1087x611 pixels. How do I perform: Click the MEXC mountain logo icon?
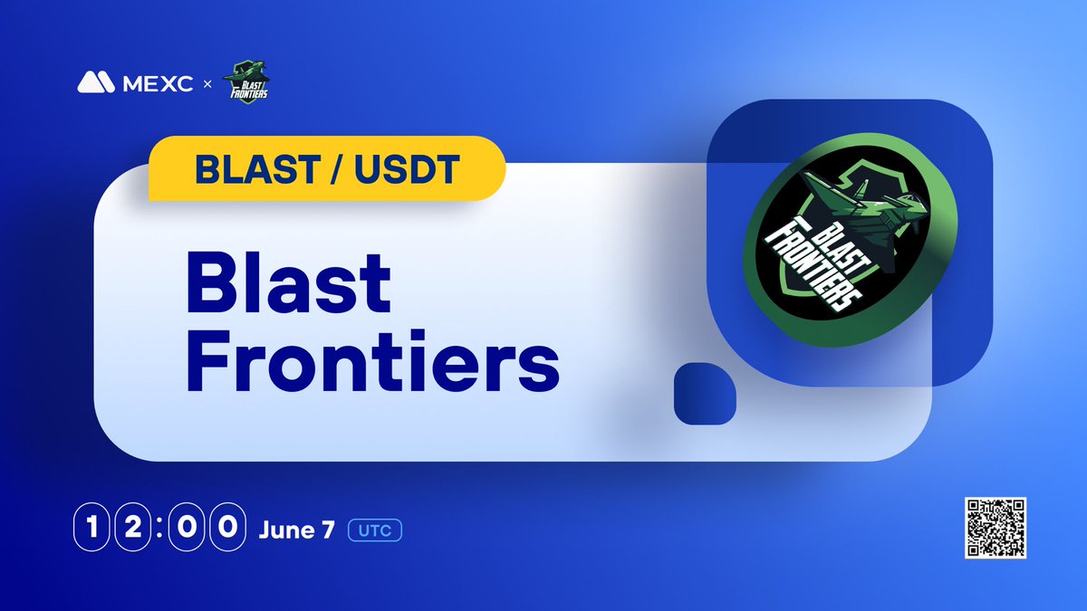(96, 82)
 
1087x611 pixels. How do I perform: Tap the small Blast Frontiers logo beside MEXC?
(246, 81)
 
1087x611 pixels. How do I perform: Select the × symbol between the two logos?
(207, 83)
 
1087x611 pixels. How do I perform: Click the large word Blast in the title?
(290, 282)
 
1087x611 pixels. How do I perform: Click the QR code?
(994, 528)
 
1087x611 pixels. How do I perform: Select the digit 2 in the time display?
(132, 529)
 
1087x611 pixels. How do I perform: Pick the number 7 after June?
(327, 530)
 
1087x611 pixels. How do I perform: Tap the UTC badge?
(375, 530)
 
